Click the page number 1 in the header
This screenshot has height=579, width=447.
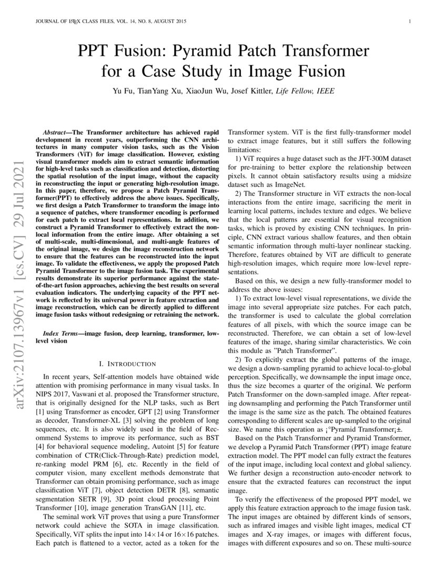(x=409, y=22)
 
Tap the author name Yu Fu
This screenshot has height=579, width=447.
(x=122, y=91)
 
